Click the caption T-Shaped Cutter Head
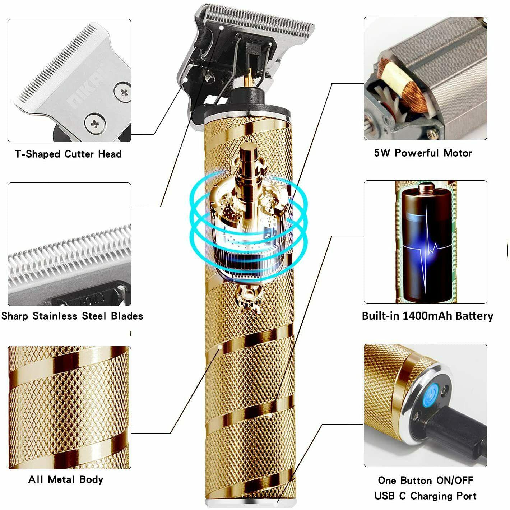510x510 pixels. click(x=68, y=154)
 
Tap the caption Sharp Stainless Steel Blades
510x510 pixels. click(x=72, y=316)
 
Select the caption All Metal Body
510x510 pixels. click(x=66, y=479)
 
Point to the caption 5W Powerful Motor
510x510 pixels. click(x=423, y=153)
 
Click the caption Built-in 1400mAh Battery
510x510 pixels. click(x=427, y=316)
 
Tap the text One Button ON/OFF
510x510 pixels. click(x=426, y=480)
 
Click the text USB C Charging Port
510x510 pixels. click(x=426, y=496)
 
